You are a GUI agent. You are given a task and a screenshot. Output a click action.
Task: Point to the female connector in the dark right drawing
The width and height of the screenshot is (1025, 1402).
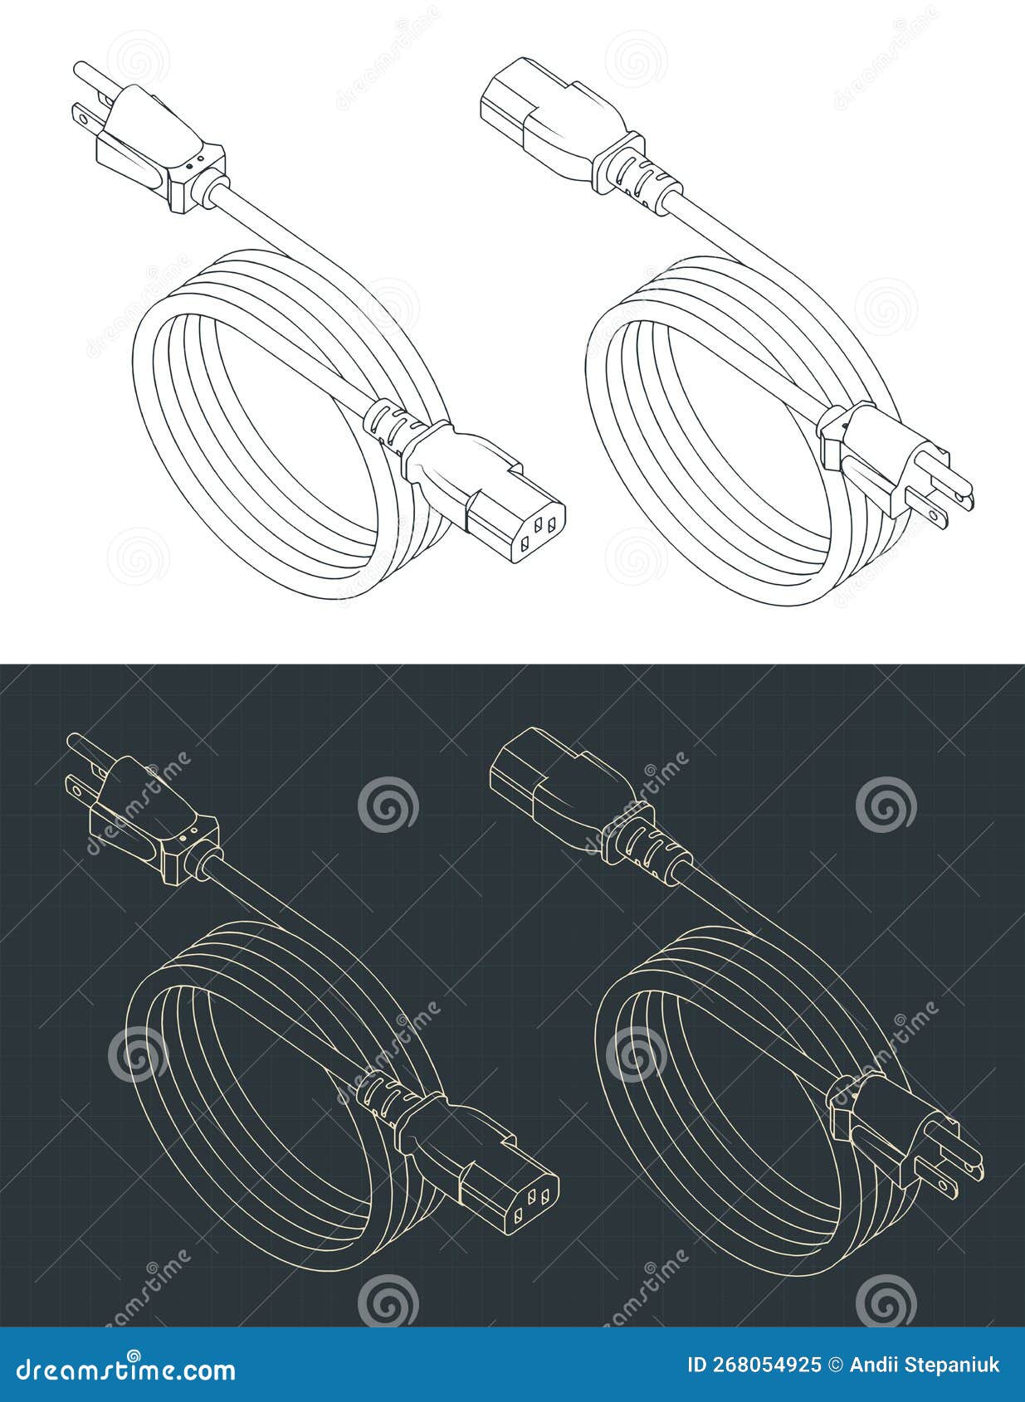click(x=556, y=788)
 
